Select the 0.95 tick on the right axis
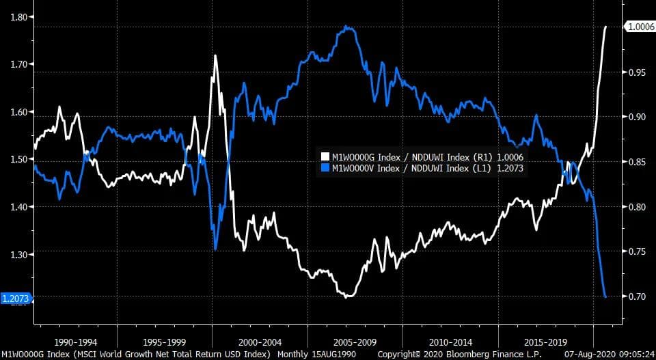click(637, 72)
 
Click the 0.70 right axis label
click(637, 296)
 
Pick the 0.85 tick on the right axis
click(637, 162)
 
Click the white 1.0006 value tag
click(640, 26)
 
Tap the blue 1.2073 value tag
click(15, 299)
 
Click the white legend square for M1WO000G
click(326, 156)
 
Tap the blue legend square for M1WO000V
click(326, 167)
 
